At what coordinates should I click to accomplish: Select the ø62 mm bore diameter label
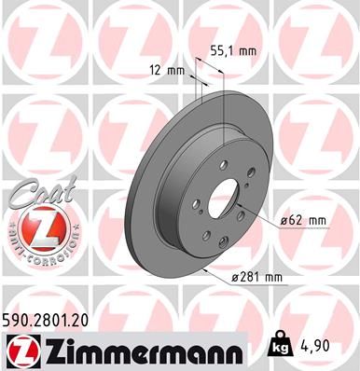coord(304,220)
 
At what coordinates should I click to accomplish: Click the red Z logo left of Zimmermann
coord(21,350)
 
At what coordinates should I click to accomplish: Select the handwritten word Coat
coord(34,193)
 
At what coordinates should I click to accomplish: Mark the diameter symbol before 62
coord(283,220)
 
